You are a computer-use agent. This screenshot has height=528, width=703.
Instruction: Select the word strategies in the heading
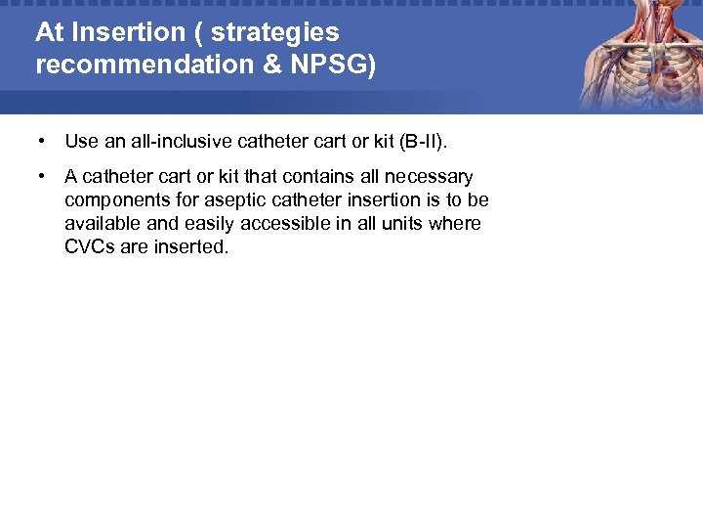275,32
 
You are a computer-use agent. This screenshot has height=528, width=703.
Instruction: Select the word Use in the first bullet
82,142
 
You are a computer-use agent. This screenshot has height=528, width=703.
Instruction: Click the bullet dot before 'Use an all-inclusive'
42,142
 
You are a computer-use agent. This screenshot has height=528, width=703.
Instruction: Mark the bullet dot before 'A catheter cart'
42,177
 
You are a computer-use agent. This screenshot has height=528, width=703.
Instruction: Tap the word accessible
278,224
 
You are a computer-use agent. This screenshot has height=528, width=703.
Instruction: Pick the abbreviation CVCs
90,247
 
